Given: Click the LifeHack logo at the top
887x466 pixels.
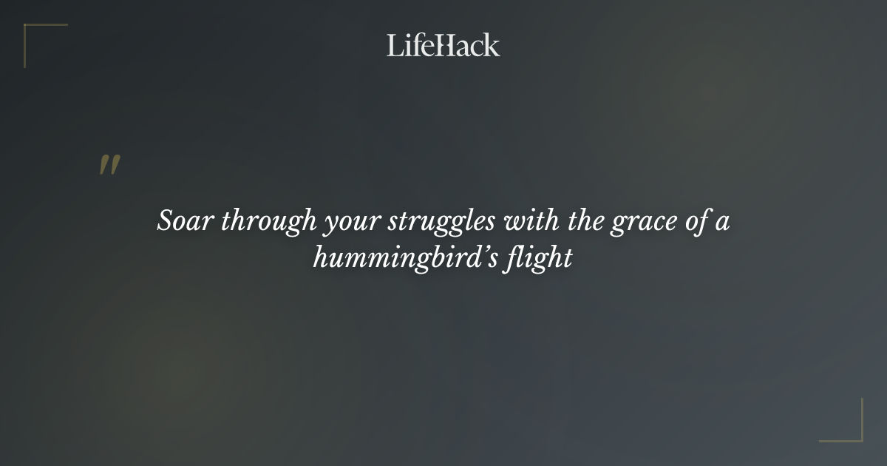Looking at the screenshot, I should pos(443,45).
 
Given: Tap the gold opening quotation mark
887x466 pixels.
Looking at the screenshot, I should pos(109,165).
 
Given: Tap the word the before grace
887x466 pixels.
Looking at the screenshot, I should pos(585,221).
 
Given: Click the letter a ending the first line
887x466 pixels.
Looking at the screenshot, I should pos(722,223).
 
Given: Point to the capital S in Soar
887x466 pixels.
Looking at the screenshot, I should pos(166,221).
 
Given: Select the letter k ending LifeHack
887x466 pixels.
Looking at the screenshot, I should pos(492,45).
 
